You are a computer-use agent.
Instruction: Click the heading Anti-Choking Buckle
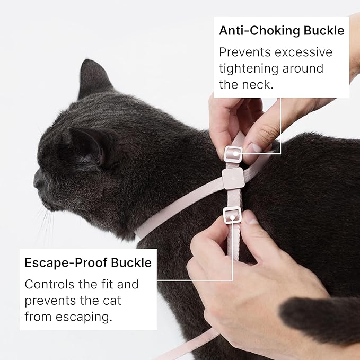tap(282, 31)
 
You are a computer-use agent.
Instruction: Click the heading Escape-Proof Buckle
tap(88, 263)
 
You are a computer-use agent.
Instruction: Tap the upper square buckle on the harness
tap(233, 154)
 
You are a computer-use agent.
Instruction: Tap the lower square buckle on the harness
tap(232, 215)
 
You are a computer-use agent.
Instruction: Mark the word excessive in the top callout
tap(309, 52)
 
